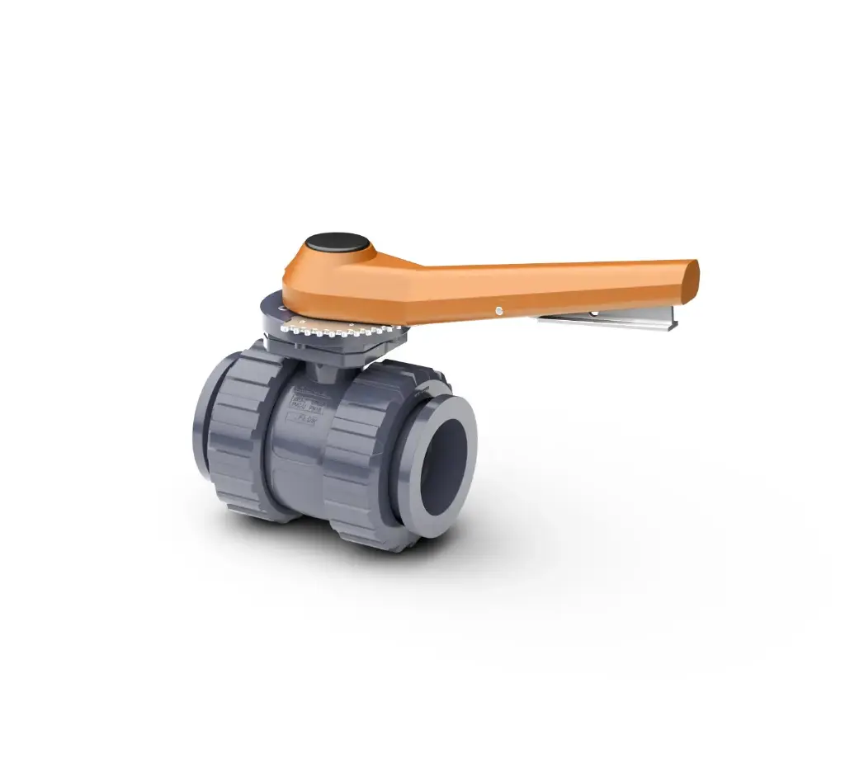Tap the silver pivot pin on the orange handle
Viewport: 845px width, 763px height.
[x=498, y=310]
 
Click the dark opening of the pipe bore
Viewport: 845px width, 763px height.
[x=446, y=466]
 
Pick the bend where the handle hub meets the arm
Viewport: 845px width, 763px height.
[x=413, y=272]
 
